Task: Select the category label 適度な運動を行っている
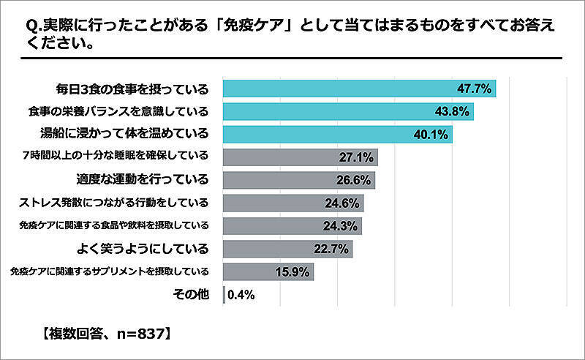coord(143,179)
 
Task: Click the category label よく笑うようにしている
coord(143,247)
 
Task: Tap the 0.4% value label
coord(241,295)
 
